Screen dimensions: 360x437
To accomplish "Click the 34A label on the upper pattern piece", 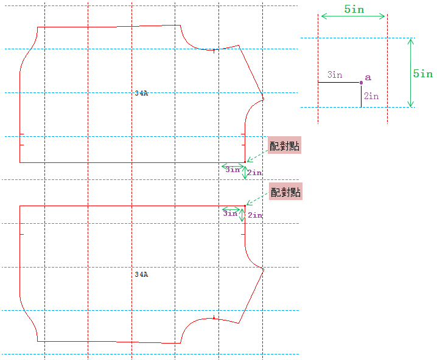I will (x=141, y=93).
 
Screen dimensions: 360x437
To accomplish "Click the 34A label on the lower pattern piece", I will (x=141, y=274).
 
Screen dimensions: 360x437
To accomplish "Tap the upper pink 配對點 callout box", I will (x=285, y=146).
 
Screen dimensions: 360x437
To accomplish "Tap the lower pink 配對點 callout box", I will (x=285, y=192).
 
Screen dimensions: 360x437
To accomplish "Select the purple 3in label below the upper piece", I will (x=232, y=170).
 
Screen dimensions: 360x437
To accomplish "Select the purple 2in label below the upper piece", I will (x=255, y=173).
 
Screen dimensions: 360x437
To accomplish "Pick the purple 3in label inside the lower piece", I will (x=230, y=214).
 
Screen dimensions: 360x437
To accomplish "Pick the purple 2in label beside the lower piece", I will (x=255, y=215).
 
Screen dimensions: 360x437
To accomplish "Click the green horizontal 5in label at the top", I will (x=354, y=9).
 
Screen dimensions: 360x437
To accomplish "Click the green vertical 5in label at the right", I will (x=423, y=74).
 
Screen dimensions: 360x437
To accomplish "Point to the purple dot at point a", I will (x=361, y=82).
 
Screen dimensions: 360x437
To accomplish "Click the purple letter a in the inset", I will (x=368, y=78).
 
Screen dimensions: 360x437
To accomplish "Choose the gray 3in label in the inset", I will (x=335, y=75).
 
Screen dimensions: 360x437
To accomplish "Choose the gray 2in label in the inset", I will (x=371, y=96).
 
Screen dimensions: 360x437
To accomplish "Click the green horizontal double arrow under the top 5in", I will (x=353, y=16).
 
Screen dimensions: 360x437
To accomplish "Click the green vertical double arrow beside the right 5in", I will (x=411, y=72).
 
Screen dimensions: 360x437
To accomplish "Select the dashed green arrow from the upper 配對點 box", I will (x=257, y=156).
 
